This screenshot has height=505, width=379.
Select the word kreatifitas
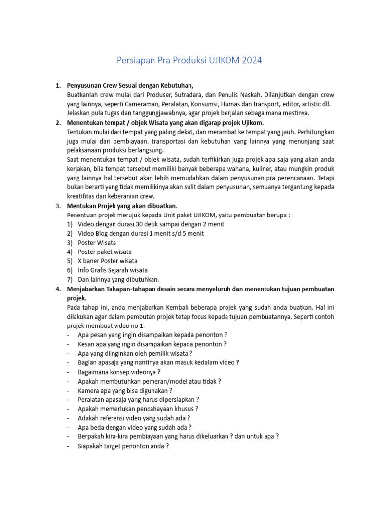tap(82, 196)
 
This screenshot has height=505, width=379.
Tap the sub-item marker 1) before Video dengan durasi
tap(70, 224)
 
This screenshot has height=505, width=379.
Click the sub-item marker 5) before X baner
tap(70, 261)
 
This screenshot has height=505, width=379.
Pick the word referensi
tap(114, 418)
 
